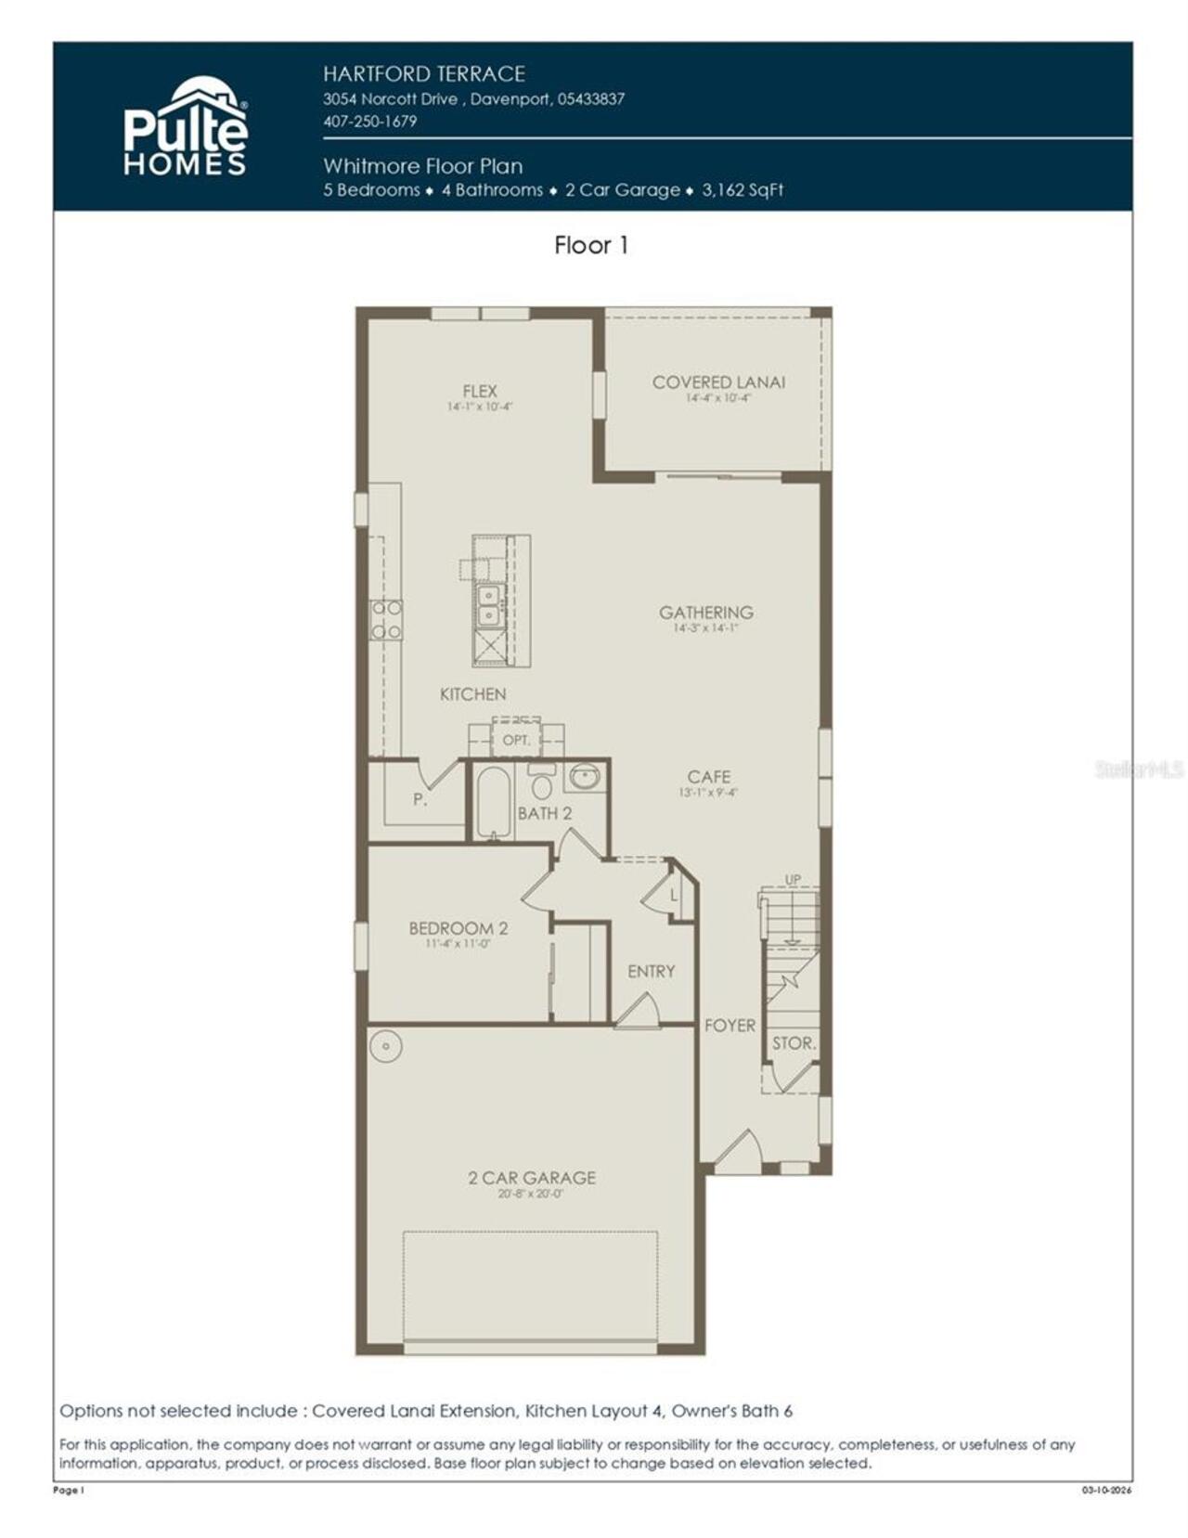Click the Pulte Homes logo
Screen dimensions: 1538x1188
pyautogui.click(x=186, y=128)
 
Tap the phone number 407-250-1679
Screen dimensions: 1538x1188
pyautogui.click(x=369, y=122)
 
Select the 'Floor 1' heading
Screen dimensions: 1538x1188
pyautogui.click(x=591, y=245)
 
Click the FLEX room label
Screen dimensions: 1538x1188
pyautogui.click(x=480, y=391)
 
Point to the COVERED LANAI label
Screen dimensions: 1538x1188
pyautogui.click(x=718, y=381)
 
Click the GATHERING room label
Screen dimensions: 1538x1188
pyautogui.click(x=705, y=612)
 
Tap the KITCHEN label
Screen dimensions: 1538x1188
pyautogui.click(x=472, y=694)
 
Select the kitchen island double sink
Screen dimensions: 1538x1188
pyautogui.click(x=487, y=605)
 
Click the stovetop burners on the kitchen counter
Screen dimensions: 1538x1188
pyautogui.click(x=386, y=619)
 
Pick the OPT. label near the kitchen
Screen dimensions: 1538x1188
pyautogui.click(x=516, y=741)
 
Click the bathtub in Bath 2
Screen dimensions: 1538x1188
pyautogui.click(x=494, y=803)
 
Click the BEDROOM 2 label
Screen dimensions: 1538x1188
pyautogui.click(x=458, y=928)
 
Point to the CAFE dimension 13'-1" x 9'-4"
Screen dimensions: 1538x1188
pyautogui.click(x=709, y=793)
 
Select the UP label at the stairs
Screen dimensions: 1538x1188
pyautogui.click(x=792, y=880)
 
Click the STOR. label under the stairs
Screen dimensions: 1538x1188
pyautogui.click(x=794, y=1043)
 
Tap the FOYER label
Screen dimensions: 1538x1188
pyautogui.click(x=730, y=1026)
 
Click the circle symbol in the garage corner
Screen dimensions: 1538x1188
pyautogui.click(x=385, y=1046)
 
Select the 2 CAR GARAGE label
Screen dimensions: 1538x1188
pyautogui.click(x=532, y=1177)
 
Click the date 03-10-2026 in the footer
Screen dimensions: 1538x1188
pyautogui.click(x=1106, y=1491)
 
